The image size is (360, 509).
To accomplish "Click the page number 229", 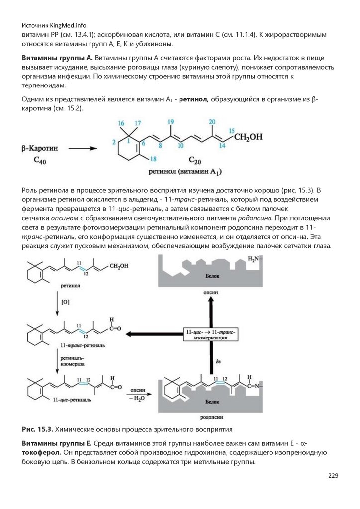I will pos(333,476).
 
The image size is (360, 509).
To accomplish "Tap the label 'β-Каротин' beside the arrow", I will pos(40,148).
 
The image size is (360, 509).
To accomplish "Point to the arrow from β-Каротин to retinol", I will pos(82,148).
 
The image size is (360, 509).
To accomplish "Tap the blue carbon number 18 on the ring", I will pos(153,159).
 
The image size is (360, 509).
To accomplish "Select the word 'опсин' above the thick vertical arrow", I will pos(211,293).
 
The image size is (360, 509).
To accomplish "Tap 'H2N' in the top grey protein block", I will pos(253,260).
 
